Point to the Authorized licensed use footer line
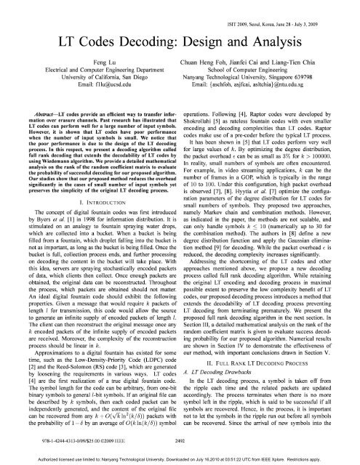(180, 460)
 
